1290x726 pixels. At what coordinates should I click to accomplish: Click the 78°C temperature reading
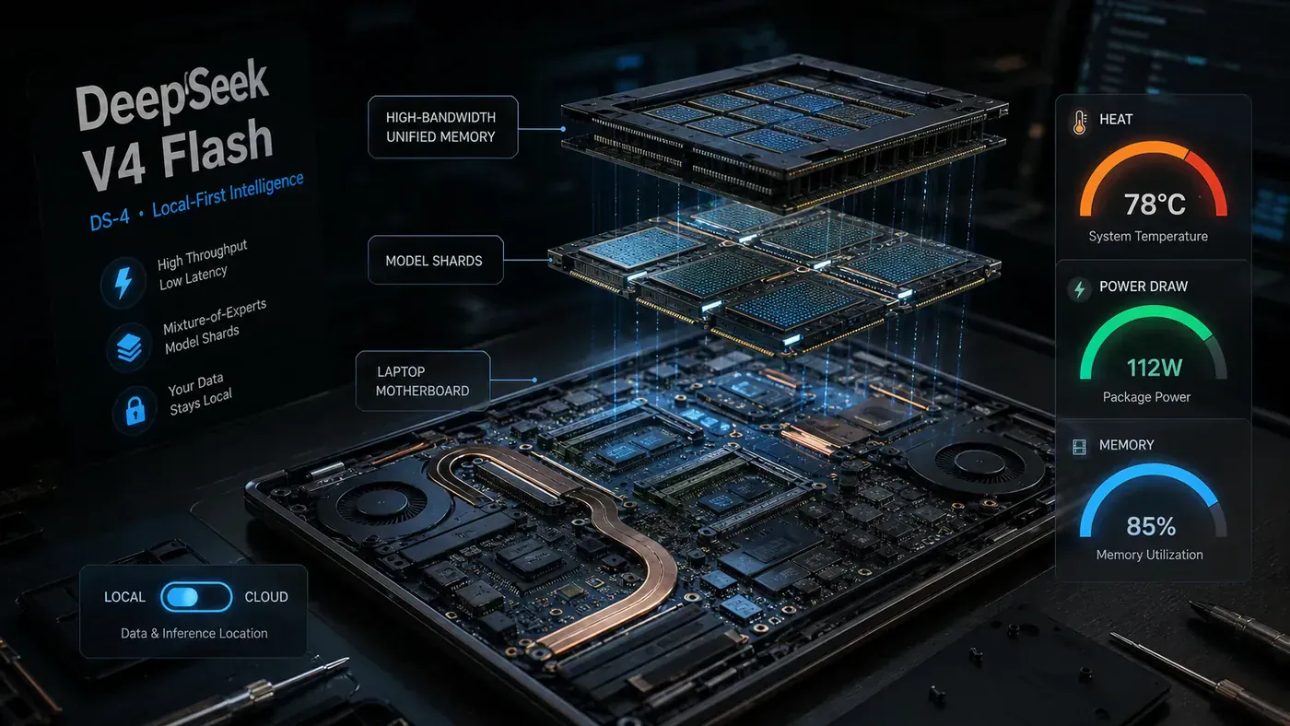tap(1155, 205)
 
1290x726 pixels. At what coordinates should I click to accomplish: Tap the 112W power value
tap(1154, 368)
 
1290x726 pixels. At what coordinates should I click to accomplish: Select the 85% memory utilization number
tap(1151, 526)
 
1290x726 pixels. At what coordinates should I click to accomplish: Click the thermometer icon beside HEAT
tap(1080, 122)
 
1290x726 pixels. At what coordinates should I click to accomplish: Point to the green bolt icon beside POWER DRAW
tap(1080, 288)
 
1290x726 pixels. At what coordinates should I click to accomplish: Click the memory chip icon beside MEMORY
tap(1079, 447)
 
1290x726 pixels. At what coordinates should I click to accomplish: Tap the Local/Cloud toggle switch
tap(196, 597)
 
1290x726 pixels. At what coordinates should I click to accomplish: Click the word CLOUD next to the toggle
tap(266, 597)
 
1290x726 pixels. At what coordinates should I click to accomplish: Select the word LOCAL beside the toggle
tap(124, 597)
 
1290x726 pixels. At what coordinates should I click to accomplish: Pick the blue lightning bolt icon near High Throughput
tap(123, 282)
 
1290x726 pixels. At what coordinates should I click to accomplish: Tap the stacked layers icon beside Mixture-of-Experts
tap(129, 347)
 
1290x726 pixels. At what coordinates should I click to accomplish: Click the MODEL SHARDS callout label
tap(435, 260)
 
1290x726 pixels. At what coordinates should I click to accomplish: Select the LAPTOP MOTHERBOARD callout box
tap(423, 381)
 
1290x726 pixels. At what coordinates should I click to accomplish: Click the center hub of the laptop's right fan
tap(979, 462)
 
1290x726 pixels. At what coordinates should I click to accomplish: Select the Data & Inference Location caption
tap(194, 633)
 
